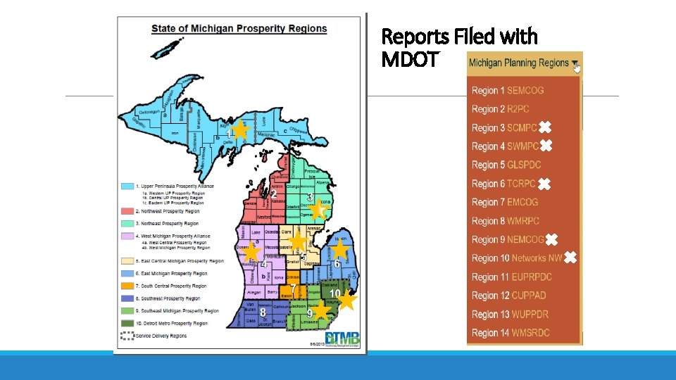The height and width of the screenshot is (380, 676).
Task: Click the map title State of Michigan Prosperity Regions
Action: pyautogui.click(x=239, y=29)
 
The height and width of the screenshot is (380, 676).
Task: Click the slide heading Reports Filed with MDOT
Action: pyautogui.click(x=458, y=47)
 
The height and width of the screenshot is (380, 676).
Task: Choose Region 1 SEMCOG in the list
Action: pyautogui.click(x=508, y=90)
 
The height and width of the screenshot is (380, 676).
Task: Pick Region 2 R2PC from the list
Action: pyautogui.click(x=500, y=109)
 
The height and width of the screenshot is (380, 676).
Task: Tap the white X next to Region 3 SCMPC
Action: pyautogui.click(x=546, y=128)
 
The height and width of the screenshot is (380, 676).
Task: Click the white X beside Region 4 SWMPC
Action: pyautogui.click(x=546, y=146)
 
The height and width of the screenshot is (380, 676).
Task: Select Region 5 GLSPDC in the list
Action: pyautogui.click(x=506, y=165)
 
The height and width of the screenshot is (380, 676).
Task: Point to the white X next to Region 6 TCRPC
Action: pyautogui.click(x=544, y=184)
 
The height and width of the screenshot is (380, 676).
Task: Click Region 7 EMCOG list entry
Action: pyautogui.click(x=505, y=202)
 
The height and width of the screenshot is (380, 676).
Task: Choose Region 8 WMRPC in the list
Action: pyautogui.click(x=506, y=221)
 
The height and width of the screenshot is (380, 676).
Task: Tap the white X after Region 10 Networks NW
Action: pyautogui.click(x=570, y=258)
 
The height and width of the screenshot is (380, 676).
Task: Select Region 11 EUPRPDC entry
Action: pyautogui.click(x=512, y=277)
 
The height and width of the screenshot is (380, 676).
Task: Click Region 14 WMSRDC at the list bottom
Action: pyautogui.click(x=511, y=332)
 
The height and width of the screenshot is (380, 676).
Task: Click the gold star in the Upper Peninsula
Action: pyautogui.click(x=239, y=129)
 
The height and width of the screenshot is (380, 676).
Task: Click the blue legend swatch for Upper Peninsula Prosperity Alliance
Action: pyautogui.click(x=127, y=186)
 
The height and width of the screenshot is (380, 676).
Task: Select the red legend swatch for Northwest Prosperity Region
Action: pyautogui.click(x=127, y=211)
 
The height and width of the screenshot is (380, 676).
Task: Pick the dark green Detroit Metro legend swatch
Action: pyautogui.click(x=127, y=323)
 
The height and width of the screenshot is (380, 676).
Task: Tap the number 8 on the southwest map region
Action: pyautogui.click(x=262, y=312)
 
